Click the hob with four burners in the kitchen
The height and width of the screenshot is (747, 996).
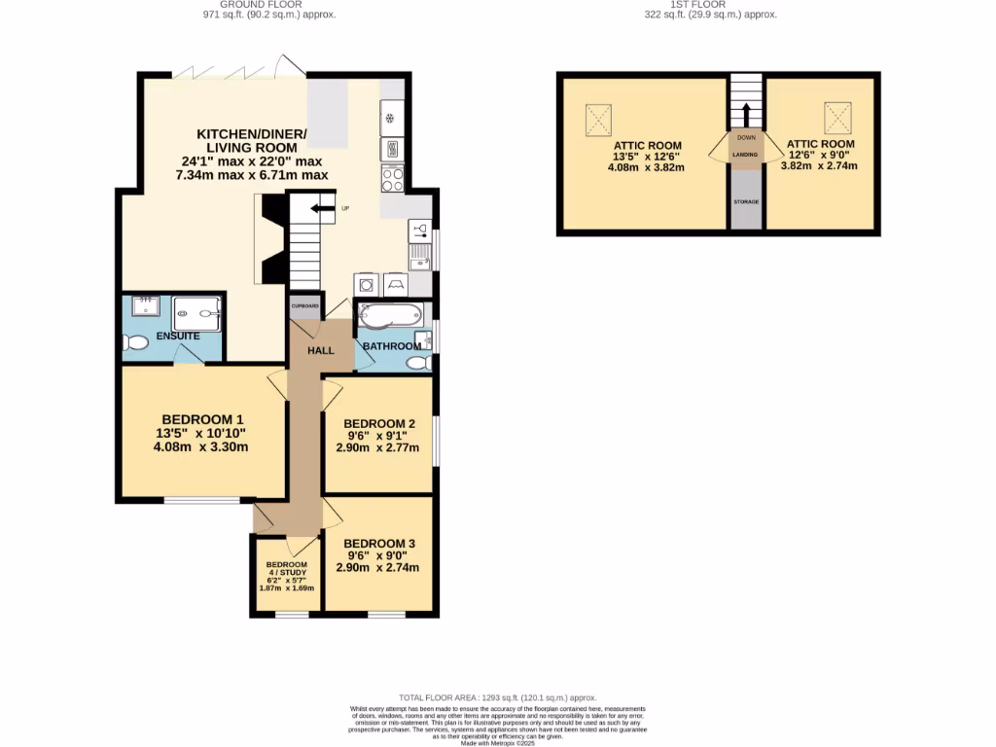[393, 179]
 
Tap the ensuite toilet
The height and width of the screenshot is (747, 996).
[136, 341]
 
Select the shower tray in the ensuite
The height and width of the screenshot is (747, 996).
[198, 313]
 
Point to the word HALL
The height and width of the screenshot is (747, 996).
[321, 351]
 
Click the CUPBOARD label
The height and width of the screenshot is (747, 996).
[305, 304]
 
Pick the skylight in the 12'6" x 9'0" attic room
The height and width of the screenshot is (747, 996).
[837, 118]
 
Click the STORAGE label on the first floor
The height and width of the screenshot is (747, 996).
[746, 201]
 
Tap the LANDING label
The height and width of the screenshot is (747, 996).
[745, 154]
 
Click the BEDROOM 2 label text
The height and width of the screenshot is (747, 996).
[379, 423]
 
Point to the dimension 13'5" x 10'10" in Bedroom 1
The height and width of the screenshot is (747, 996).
[202, 434]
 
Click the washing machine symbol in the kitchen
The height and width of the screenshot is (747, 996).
[367, 284]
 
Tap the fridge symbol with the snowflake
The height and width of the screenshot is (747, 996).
[392, 119]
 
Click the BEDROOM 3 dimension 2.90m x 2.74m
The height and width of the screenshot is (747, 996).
[377, 567]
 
